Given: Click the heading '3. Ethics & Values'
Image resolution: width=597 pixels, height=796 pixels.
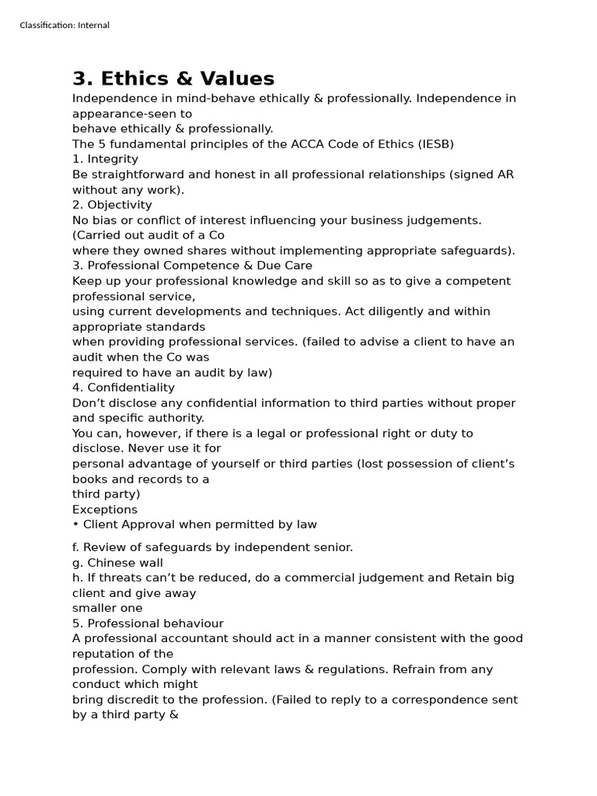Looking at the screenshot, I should click(x=173, y=79).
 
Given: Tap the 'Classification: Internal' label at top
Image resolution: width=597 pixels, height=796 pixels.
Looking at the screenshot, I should click(x=65, y=26).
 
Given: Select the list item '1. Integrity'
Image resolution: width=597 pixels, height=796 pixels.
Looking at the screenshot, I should click(x=105, y=159).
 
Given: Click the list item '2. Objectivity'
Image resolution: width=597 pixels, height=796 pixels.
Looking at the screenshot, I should click(x=112, y=205).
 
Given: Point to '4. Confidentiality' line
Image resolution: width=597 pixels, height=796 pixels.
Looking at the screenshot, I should click(x=124, y=388).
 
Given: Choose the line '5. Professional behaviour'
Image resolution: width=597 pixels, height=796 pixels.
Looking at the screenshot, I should click(x=148, y=623).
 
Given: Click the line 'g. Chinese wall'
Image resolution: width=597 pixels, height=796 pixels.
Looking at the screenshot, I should click(x=117, y=563).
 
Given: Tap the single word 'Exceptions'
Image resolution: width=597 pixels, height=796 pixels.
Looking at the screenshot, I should click(x=105, y=510).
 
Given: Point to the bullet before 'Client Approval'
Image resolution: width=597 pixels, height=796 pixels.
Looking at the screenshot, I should click(x=75, y=525).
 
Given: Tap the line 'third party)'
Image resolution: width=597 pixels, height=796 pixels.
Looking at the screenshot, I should click(x=106, y=494).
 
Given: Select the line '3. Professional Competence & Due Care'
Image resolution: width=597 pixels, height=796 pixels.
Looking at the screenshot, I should click(x=192, y=266).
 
